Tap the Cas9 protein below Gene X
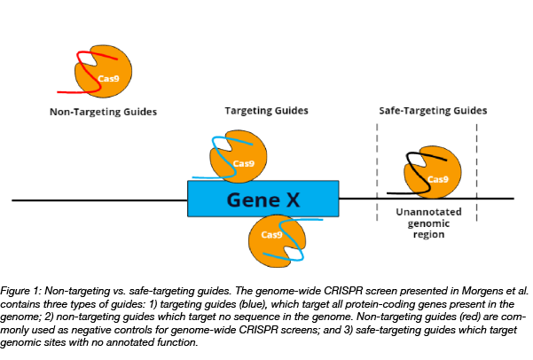pyautogui.click(x=276, y=239)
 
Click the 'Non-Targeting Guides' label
pyautogui.click(x=103, y=113)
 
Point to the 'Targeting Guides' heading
pyautogui.click(x=266, y=112)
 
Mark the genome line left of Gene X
pyautogui.click(x=98, y=200)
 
